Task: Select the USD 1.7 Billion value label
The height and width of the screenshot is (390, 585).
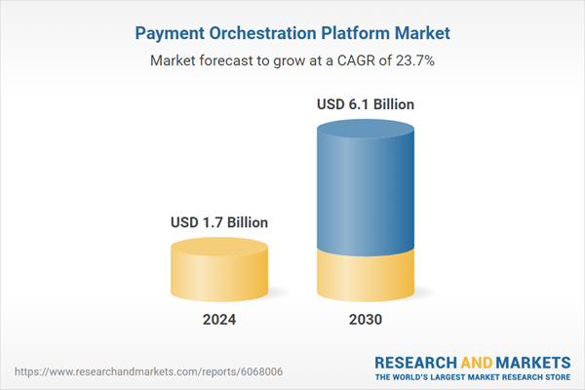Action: [217, 222]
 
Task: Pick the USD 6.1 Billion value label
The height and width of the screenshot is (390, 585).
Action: [366, 102]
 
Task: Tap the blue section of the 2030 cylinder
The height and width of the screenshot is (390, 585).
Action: [366, 195]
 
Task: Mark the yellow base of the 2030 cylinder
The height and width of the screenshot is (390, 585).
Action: [366, 278]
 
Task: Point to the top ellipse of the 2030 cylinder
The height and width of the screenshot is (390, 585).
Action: [366, 130]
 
